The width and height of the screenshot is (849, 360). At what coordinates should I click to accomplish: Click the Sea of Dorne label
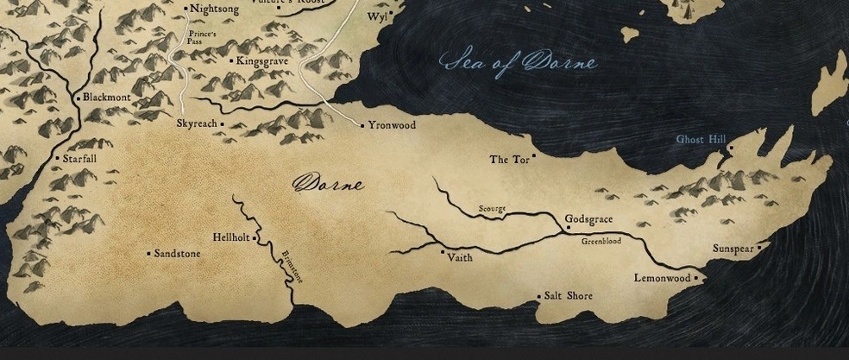(x=518, y=63)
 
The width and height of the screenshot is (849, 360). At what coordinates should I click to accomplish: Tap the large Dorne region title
(x=328, y=184)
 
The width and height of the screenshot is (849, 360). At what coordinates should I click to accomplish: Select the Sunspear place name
(x=733, y=249)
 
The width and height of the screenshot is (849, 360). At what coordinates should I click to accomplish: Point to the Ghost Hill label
(x=701, y=139)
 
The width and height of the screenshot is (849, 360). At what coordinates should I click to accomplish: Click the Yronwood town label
(x=392, y=125)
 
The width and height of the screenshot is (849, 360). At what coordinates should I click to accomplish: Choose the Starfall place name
(x=79, y=159)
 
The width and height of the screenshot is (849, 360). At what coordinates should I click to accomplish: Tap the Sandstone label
(x=177, y=254)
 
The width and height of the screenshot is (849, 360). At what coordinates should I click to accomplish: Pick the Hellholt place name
(x=230, y=237)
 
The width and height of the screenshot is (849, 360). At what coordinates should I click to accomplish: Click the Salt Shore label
(x=569, y=296)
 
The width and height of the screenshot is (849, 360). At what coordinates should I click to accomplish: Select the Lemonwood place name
(x=662, y=278)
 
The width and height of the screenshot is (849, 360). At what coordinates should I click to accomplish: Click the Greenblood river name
(x=601, y=242)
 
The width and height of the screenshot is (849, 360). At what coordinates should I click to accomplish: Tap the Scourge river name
(x=492, y=209)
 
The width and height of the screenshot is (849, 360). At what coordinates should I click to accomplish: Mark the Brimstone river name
(x=292, y=265)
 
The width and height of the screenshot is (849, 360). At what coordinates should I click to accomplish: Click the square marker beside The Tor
(x=534, y=155)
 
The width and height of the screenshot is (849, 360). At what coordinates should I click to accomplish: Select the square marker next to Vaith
(x=443, y=252)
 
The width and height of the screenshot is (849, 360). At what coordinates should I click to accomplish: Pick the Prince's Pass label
(x=201, y=39)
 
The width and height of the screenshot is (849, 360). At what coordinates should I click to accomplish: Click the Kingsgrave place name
(x=262, y=61)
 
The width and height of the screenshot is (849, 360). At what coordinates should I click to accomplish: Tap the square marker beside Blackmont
(x=79, y=98)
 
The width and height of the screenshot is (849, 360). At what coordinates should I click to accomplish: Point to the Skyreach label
(x=197, y=124)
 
